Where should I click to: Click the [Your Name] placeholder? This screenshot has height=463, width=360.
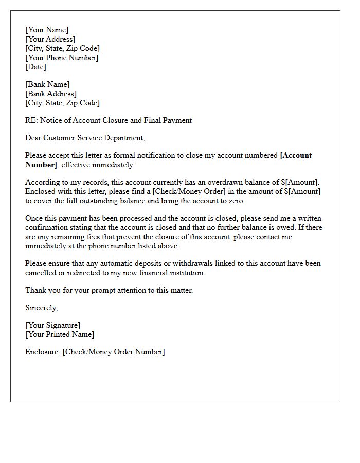[x=47, y=30]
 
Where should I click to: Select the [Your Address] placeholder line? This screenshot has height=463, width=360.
[x=50, y=39]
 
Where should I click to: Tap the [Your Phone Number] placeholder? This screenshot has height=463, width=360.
[x=62, y=58]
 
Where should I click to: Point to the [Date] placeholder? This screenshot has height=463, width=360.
[x=35, y=67]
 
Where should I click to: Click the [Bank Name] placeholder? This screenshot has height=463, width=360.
[x=47, y=84]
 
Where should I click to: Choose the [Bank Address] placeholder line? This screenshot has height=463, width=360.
[x=51, y=94]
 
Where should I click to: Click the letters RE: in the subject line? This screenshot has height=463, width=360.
[x=31, y=120]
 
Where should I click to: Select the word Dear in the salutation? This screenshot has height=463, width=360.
[x=33, y=138]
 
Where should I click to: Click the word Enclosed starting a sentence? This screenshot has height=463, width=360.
[x=41, y=191]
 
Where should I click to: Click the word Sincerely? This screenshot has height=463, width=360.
[x=41, y=308]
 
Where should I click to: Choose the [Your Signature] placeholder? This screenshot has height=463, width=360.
[x=52, y=325]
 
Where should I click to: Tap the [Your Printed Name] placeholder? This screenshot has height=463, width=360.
[x=60, y=334]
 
